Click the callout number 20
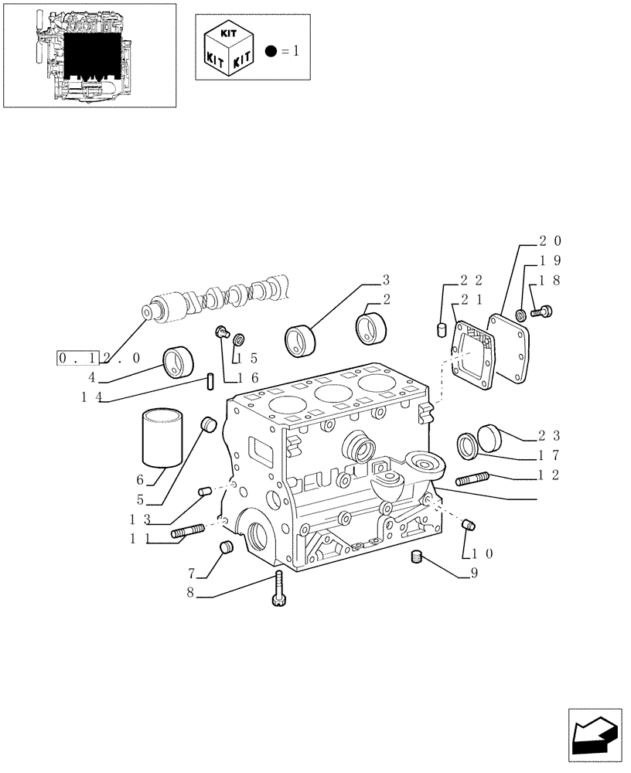[551, 240]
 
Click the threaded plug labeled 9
[418, 557]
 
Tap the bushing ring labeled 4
[179, 362]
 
